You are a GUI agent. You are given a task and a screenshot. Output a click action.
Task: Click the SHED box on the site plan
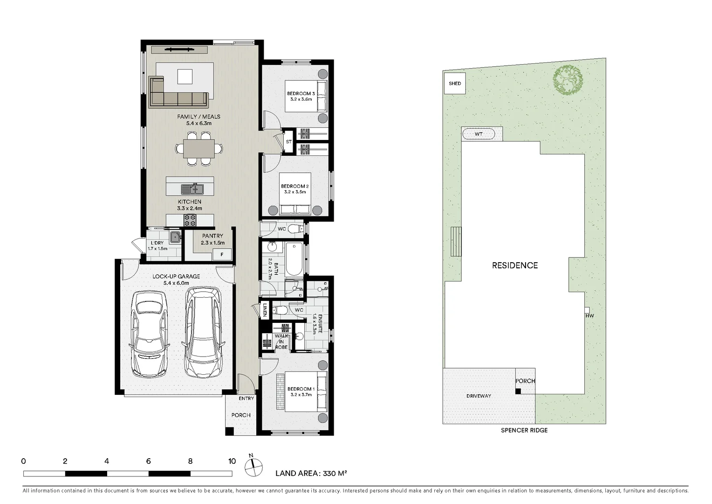point(455,84)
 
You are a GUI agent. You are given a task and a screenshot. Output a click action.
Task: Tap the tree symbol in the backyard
point(568,80)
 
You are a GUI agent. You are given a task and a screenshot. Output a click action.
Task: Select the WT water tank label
point(479,134)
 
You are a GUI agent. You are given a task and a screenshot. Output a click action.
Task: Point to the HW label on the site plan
point(589,316)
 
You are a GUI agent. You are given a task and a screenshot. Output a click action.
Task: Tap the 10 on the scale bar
point(232,461)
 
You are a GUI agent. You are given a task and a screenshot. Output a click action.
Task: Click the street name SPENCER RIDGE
point(524,430)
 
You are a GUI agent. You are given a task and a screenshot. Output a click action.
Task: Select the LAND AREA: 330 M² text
point(311,474)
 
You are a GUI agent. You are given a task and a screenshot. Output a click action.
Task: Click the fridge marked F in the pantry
point(222,255)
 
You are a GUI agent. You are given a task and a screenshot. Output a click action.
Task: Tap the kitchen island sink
point(192,189)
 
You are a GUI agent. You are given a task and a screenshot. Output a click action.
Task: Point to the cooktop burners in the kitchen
point(190,220)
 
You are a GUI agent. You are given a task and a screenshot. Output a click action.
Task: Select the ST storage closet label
point(288,142)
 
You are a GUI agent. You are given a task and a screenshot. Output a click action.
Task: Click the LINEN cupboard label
point(265,309)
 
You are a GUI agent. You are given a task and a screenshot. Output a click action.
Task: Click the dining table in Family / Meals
point(199,149)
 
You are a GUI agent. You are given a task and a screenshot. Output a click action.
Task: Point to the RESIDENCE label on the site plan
point(515,266)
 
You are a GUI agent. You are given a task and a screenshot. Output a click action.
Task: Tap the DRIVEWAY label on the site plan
point(479,396)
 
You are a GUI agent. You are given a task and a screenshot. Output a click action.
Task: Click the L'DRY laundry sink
point(175,237)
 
